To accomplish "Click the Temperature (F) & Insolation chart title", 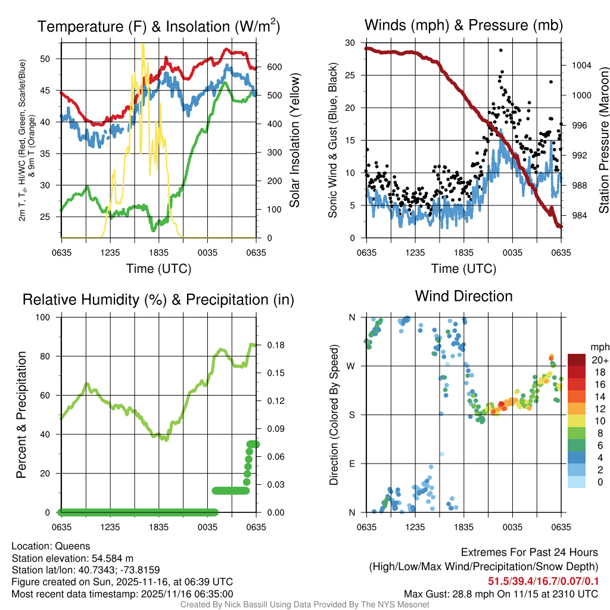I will click(x=158, y=27).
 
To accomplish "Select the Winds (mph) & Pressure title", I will click(x=463, y=26).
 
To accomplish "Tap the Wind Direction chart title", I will click(x=463, y=296).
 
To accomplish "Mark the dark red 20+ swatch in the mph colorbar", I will click(x=578, y=360).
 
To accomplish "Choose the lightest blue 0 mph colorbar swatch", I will click(x=578, y=483).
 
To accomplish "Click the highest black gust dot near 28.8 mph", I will click(x=501, y=51).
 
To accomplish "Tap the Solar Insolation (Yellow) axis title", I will click(x=295, y=141).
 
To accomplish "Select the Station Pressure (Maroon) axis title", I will click(x=602, y=141).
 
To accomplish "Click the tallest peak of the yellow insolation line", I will click(x=142, y=44).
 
